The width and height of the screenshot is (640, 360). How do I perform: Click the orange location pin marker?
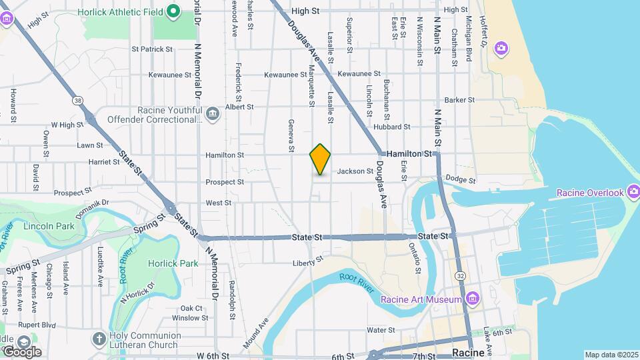click(320, 159)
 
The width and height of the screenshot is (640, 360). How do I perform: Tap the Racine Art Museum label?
click(421, 299)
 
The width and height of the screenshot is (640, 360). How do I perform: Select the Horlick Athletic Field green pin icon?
click(173, 11)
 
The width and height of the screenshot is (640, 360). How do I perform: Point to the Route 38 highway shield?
click(79, 101)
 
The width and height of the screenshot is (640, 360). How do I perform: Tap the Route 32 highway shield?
click(460, 275)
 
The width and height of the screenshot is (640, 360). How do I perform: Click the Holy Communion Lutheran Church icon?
click(99, 339)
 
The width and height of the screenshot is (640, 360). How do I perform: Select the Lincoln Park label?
click(49, 226)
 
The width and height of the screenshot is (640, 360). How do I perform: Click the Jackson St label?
click(355, 171)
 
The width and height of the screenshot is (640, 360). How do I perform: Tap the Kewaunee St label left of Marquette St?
click(285, 75)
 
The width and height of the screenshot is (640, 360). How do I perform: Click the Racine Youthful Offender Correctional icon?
click(212, 114)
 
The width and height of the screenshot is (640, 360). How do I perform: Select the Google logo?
click(21, 351)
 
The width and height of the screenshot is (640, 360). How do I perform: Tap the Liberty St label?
click(307, 263)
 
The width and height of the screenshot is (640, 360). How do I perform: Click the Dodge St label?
click(460, 180)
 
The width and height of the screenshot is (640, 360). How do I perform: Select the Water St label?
click(381, 330)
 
